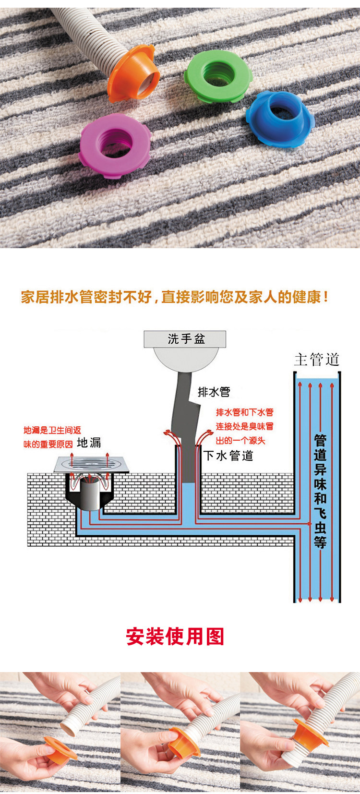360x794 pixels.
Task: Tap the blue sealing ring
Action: coord(280,118)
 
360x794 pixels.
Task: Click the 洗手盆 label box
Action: coord(185,339)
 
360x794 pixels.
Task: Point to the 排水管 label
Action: coord(214,392)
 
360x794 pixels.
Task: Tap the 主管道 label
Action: coord(317,360)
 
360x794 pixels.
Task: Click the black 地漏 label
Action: coord(89,442)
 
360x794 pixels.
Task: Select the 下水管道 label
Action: coord(228,455)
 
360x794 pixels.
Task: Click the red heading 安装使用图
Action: coord(175,637)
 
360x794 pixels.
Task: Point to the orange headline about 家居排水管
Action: coord(175,297)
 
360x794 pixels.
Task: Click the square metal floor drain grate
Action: coord(91,464)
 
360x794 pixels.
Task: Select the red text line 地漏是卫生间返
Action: coord(52,430)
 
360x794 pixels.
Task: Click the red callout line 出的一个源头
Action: coord(240,441)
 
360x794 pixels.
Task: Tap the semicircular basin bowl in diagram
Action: coord(185,358)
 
